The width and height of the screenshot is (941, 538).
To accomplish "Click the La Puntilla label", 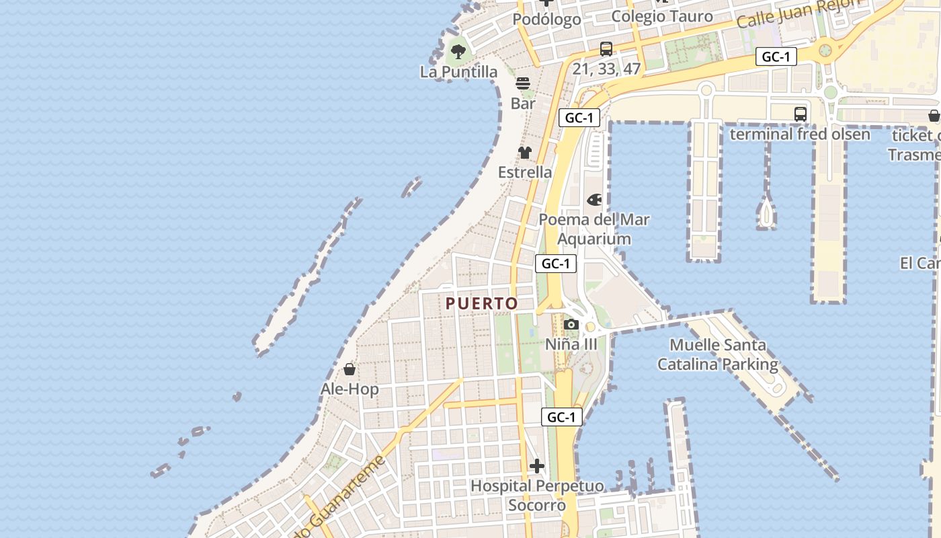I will [458, 72].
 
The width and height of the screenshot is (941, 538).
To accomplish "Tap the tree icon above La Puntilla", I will [458, 50].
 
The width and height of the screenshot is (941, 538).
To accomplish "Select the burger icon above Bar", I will [523, 83].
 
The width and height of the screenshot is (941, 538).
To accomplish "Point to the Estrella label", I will [525, 172].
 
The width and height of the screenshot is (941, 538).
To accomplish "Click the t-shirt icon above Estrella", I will [525, 153].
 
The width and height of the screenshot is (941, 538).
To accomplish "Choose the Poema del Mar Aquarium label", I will [594, 229].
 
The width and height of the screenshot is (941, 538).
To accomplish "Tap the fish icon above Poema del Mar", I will [594, 200].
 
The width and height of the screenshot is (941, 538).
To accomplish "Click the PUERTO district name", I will [482, 304].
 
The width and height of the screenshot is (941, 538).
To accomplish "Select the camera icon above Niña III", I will [571, 325].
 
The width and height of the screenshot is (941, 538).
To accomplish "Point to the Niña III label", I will [571, 344].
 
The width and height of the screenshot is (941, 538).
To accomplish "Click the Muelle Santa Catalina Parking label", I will [717, 355].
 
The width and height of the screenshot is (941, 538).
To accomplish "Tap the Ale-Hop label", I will [350, 389].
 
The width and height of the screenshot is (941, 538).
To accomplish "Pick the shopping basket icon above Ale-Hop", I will [350, 369].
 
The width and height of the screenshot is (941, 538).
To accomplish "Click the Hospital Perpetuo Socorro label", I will [536, 496].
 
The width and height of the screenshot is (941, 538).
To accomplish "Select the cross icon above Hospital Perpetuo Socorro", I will [536, 465].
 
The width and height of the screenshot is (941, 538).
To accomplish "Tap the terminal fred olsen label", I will [800, 134].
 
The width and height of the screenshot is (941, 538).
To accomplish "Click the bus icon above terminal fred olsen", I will [800, 114].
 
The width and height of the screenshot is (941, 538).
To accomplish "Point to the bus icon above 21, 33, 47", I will [606, 48].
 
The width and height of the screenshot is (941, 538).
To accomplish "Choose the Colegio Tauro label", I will [661, 17].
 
